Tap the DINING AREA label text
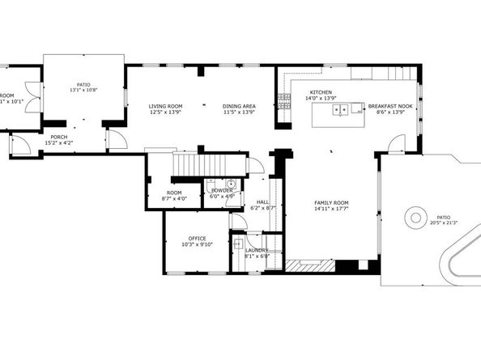pyautogui.click(x=239, y=106)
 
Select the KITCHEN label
pyautogui.click(x=319, y=93)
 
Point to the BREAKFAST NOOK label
pyautogui.click(x=390, y=106)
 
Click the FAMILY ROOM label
pyautogui.click(x=331, y=202)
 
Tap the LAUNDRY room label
pyautogui.click(x=258, y=252)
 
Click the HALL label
pyautogui.click(x=263, y=202)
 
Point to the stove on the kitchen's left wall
pyautogui.click(x=283, y=101)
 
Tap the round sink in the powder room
pyautogui.click(x=230, y=184)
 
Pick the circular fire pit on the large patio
pyautogui.click(x=415, y=217)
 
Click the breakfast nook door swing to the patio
pyautogui.click(x=396, y=146)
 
